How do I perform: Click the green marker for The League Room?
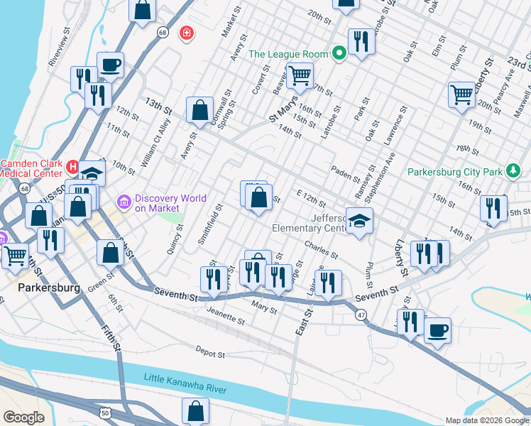pos(339,53)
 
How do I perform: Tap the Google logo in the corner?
pos(24,417)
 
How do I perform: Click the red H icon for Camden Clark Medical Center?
pos(72,167)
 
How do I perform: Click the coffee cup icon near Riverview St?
pos(110,65)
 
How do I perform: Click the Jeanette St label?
pos(226,315)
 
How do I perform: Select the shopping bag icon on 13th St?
pos(200,109)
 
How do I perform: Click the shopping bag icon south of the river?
pos(195,411)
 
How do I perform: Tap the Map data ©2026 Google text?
pos(486,420)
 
